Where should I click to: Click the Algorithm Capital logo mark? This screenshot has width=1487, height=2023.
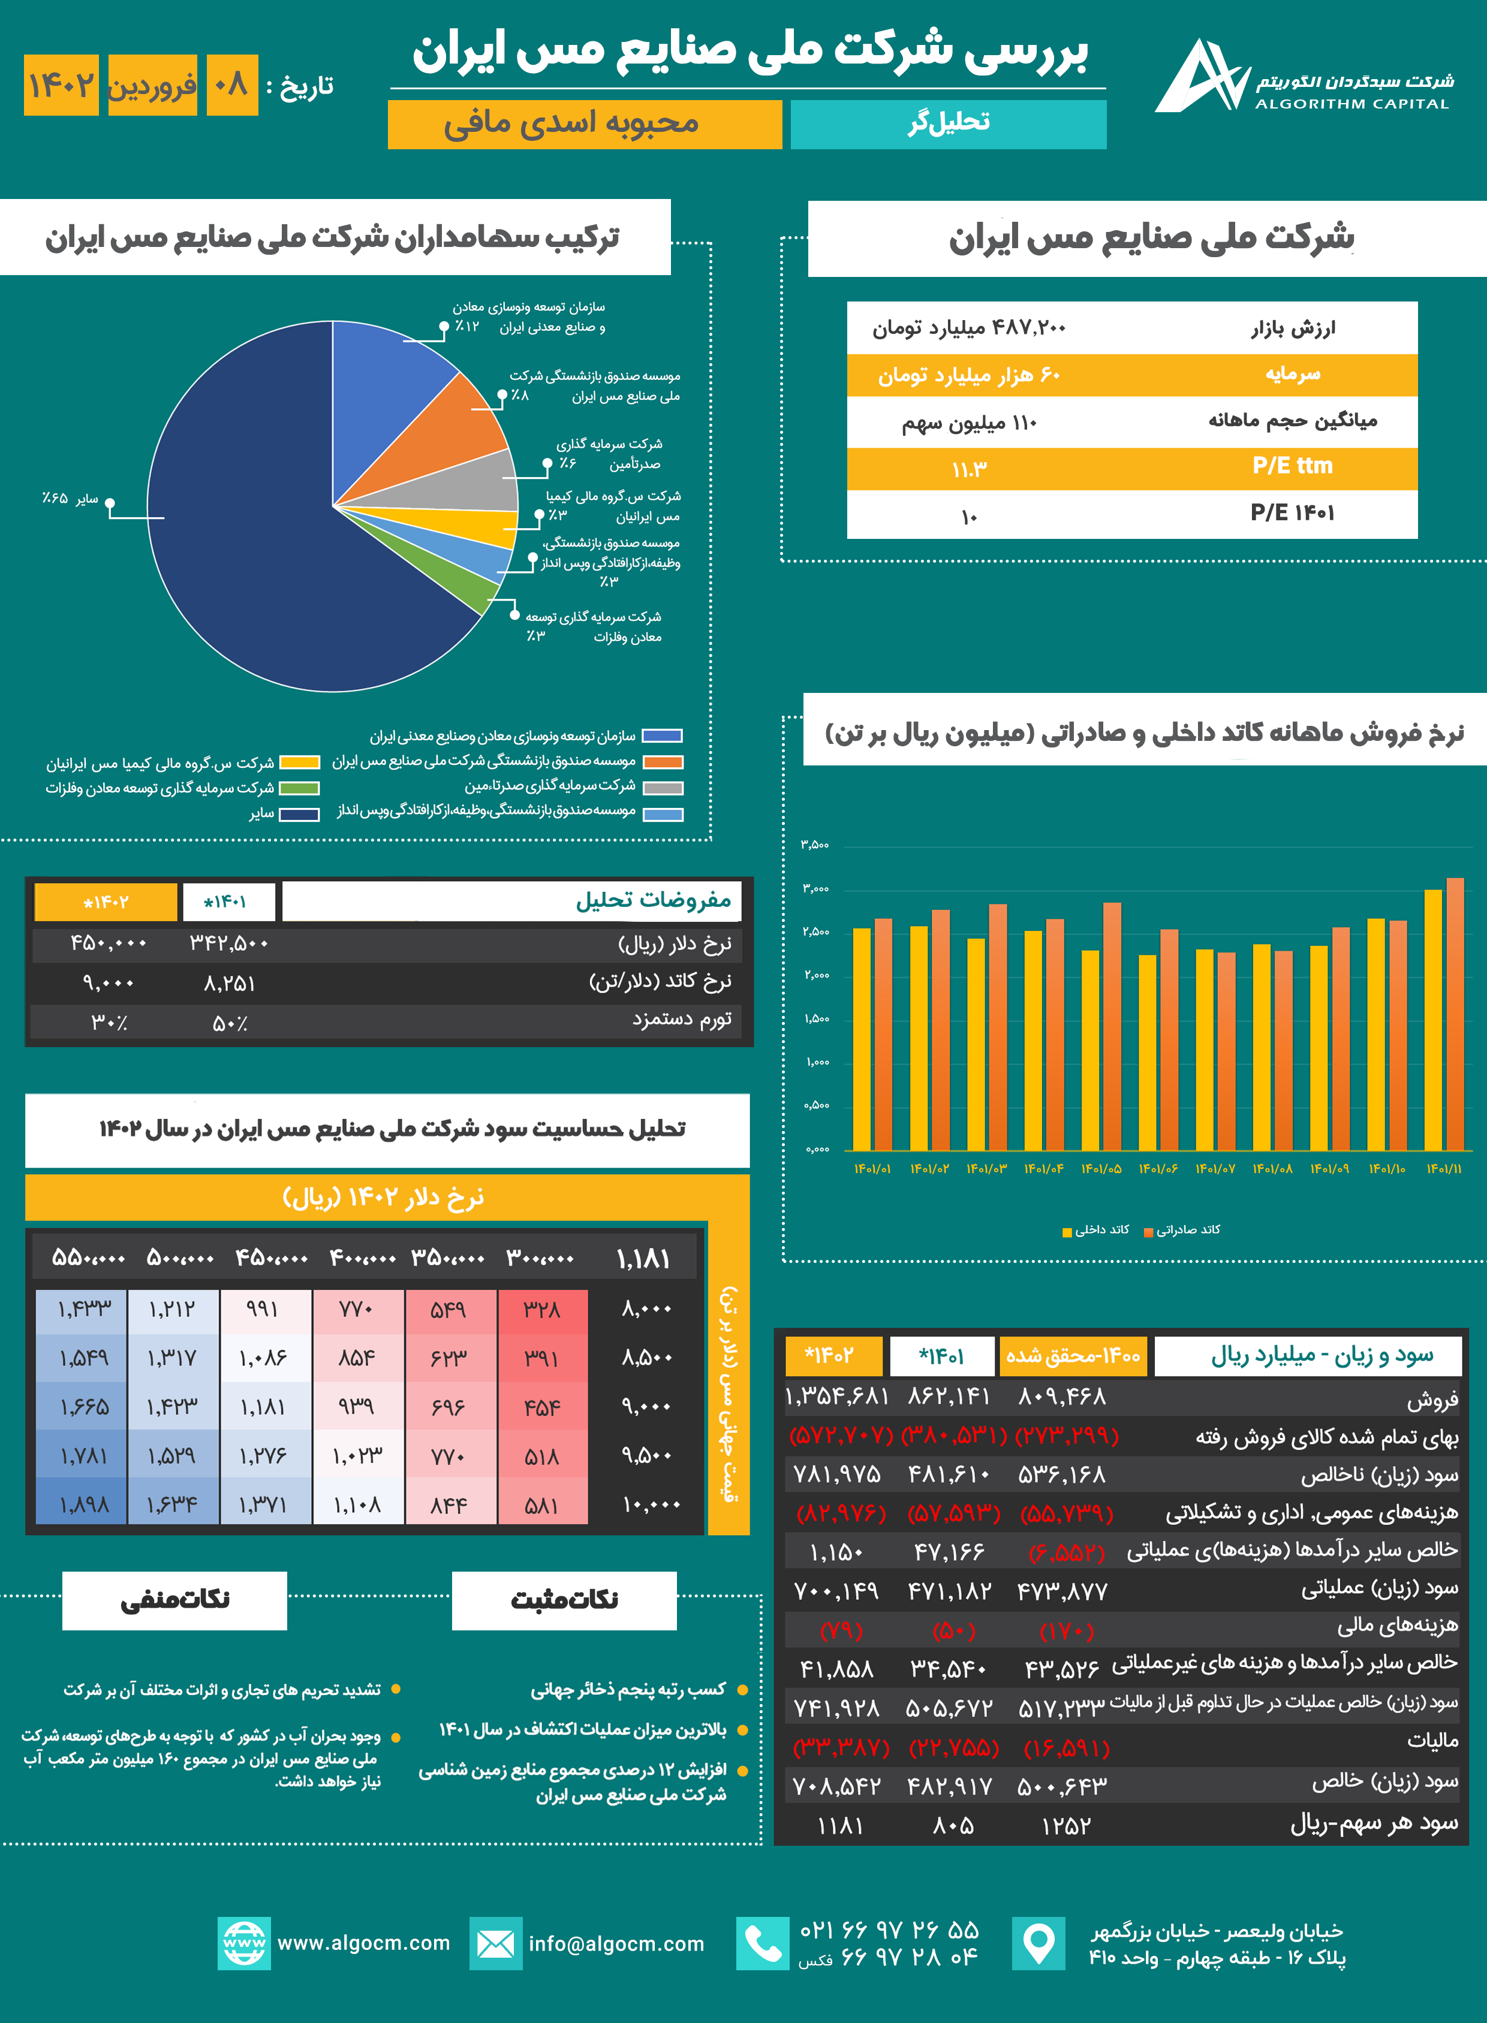coord(1200,77)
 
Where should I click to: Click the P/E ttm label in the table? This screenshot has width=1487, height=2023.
coord(1292,466)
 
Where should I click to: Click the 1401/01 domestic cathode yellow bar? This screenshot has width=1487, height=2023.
coord(862,1039)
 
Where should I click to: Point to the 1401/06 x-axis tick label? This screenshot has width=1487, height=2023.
coord(1158,1168)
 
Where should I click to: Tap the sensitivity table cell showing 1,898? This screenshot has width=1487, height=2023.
coord(83,1505)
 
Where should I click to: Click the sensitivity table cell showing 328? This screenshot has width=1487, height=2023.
coord(542,1309)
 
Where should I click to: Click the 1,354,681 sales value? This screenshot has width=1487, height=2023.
coord(837,1396)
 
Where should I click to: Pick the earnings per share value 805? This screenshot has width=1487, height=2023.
coord(952,1825)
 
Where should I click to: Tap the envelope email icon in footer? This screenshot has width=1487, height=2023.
coord(495,1943)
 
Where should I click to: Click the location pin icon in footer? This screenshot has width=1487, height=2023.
coord(1038,1943)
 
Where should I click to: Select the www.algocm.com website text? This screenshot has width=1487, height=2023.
coord(363,1942)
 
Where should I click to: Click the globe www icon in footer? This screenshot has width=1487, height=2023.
coord(244,1943)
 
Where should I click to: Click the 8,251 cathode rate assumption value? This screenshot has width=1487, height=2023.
coord(230,984)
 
